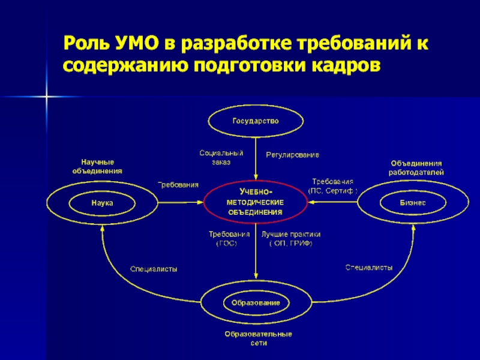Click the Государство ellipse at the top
(256, 120)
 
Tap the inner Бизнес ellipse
(412, 203)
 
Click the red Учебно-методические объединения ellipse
(256, 202)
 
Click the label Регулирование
(292, 154)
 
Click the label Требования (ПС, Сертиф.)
(332, 185)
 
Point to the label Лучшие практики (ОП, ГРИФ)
(291, 239)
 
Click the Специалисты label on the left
(154, 269)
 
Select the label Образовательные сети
(258, 338)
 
